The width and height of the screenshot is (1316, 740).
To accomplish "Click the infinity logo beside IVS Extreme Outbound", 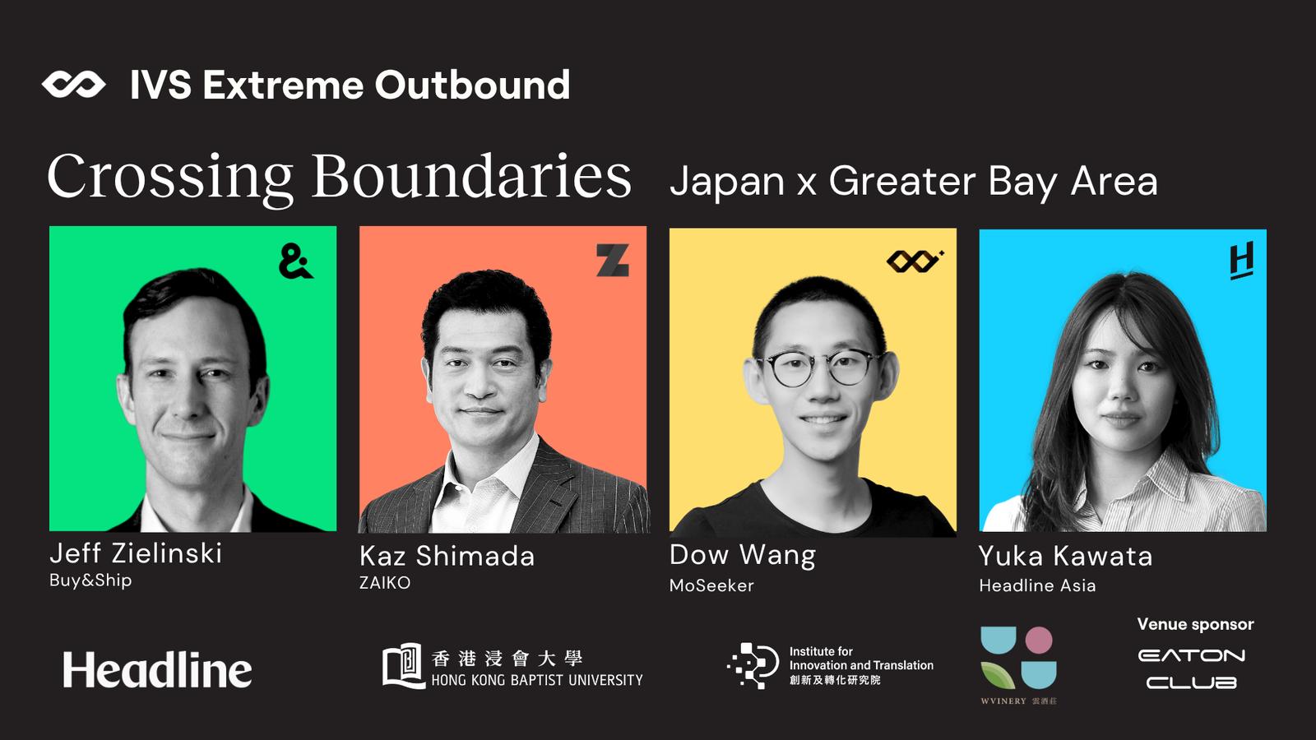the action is (73, 86).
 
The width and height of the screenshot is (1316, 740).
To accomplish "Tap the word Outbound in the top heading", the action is (472, 85).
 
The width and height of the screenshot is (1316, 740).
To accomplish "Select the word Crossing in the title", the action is (169, 178).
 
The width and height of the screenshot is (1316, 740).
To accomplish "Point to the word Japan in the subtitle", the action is (727, 182).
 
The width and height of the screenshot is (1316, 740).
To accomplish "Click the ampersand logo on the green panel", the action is (295, 261).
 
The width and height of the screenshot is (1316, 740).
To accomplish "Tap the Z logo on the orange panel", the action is (613, 260).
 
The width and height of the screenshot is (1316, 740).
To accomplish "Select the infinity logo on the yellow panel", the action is (915, 261).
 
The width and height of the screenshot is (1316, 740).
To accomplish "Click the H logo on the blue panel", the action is (1241, 260).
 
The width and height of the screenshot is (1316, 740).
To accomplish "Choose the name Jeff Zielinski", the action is (136, 553).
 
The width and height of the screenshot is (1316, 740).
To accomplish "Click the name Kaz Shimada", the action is (447, 556).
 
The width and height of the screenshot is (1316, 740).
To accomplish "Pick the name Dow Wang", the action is (743, 556).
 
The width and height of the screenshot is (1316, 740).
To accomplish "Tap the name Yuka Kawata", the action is (1066, 556).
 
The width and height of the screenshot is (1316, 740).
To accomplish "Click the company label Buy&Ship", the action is (90, 580).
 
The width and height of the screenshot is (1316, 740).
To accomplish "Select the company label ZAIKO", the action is (385, 583).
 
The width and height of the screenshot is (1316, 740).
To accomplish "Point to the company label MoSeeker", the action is (711, 585).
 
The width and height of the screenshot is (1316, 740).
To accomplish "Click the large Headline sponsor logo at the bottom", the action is (157, 669).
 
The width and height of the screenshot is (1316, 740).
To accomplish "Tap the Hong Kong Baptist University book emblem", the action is (404, 666).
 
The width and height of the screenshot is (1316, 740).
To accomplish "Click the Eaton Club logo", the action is (1192, 669).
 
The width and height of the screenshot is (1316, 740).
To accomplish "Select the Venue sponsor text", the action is (1196, 624).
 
